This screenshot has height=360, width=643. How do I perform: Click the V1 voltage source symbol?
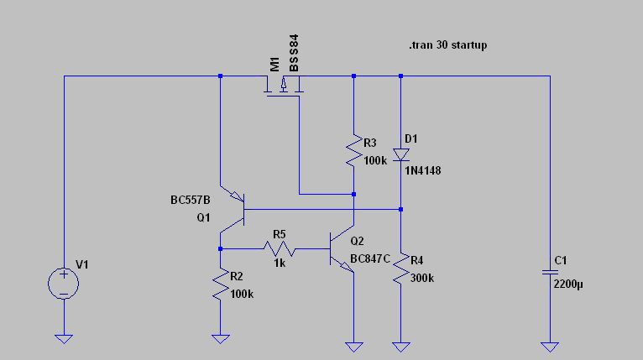(63, 283)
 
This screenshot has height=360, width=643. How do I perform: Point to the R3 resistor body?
(354, 151)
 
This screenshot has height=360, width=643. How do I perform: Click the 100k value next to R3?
(375, 160)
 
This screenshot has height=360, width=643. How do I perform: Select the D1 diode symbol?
(401, 154)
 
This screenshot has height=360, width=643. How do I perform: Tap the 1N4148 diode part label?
(422, 170)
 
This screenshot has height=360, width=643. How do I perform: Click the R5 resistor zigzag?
(279, 249)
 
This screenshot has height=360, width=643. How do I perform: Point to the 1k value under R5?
(279, 263)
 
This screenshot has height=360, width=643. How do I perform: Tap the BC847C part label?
(371, 258)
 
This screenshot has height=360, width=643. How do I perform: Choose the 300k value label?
(422, 278)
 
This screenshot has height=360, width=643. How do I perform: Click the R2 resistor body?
(220, 286)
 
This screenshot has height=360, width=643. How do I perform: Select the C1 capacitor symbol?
(549, 272)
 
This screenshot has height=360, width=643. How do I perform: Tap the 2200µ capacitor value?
(568, 284)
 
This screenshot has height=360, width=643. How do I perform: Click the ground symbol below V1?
(63, 338)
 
